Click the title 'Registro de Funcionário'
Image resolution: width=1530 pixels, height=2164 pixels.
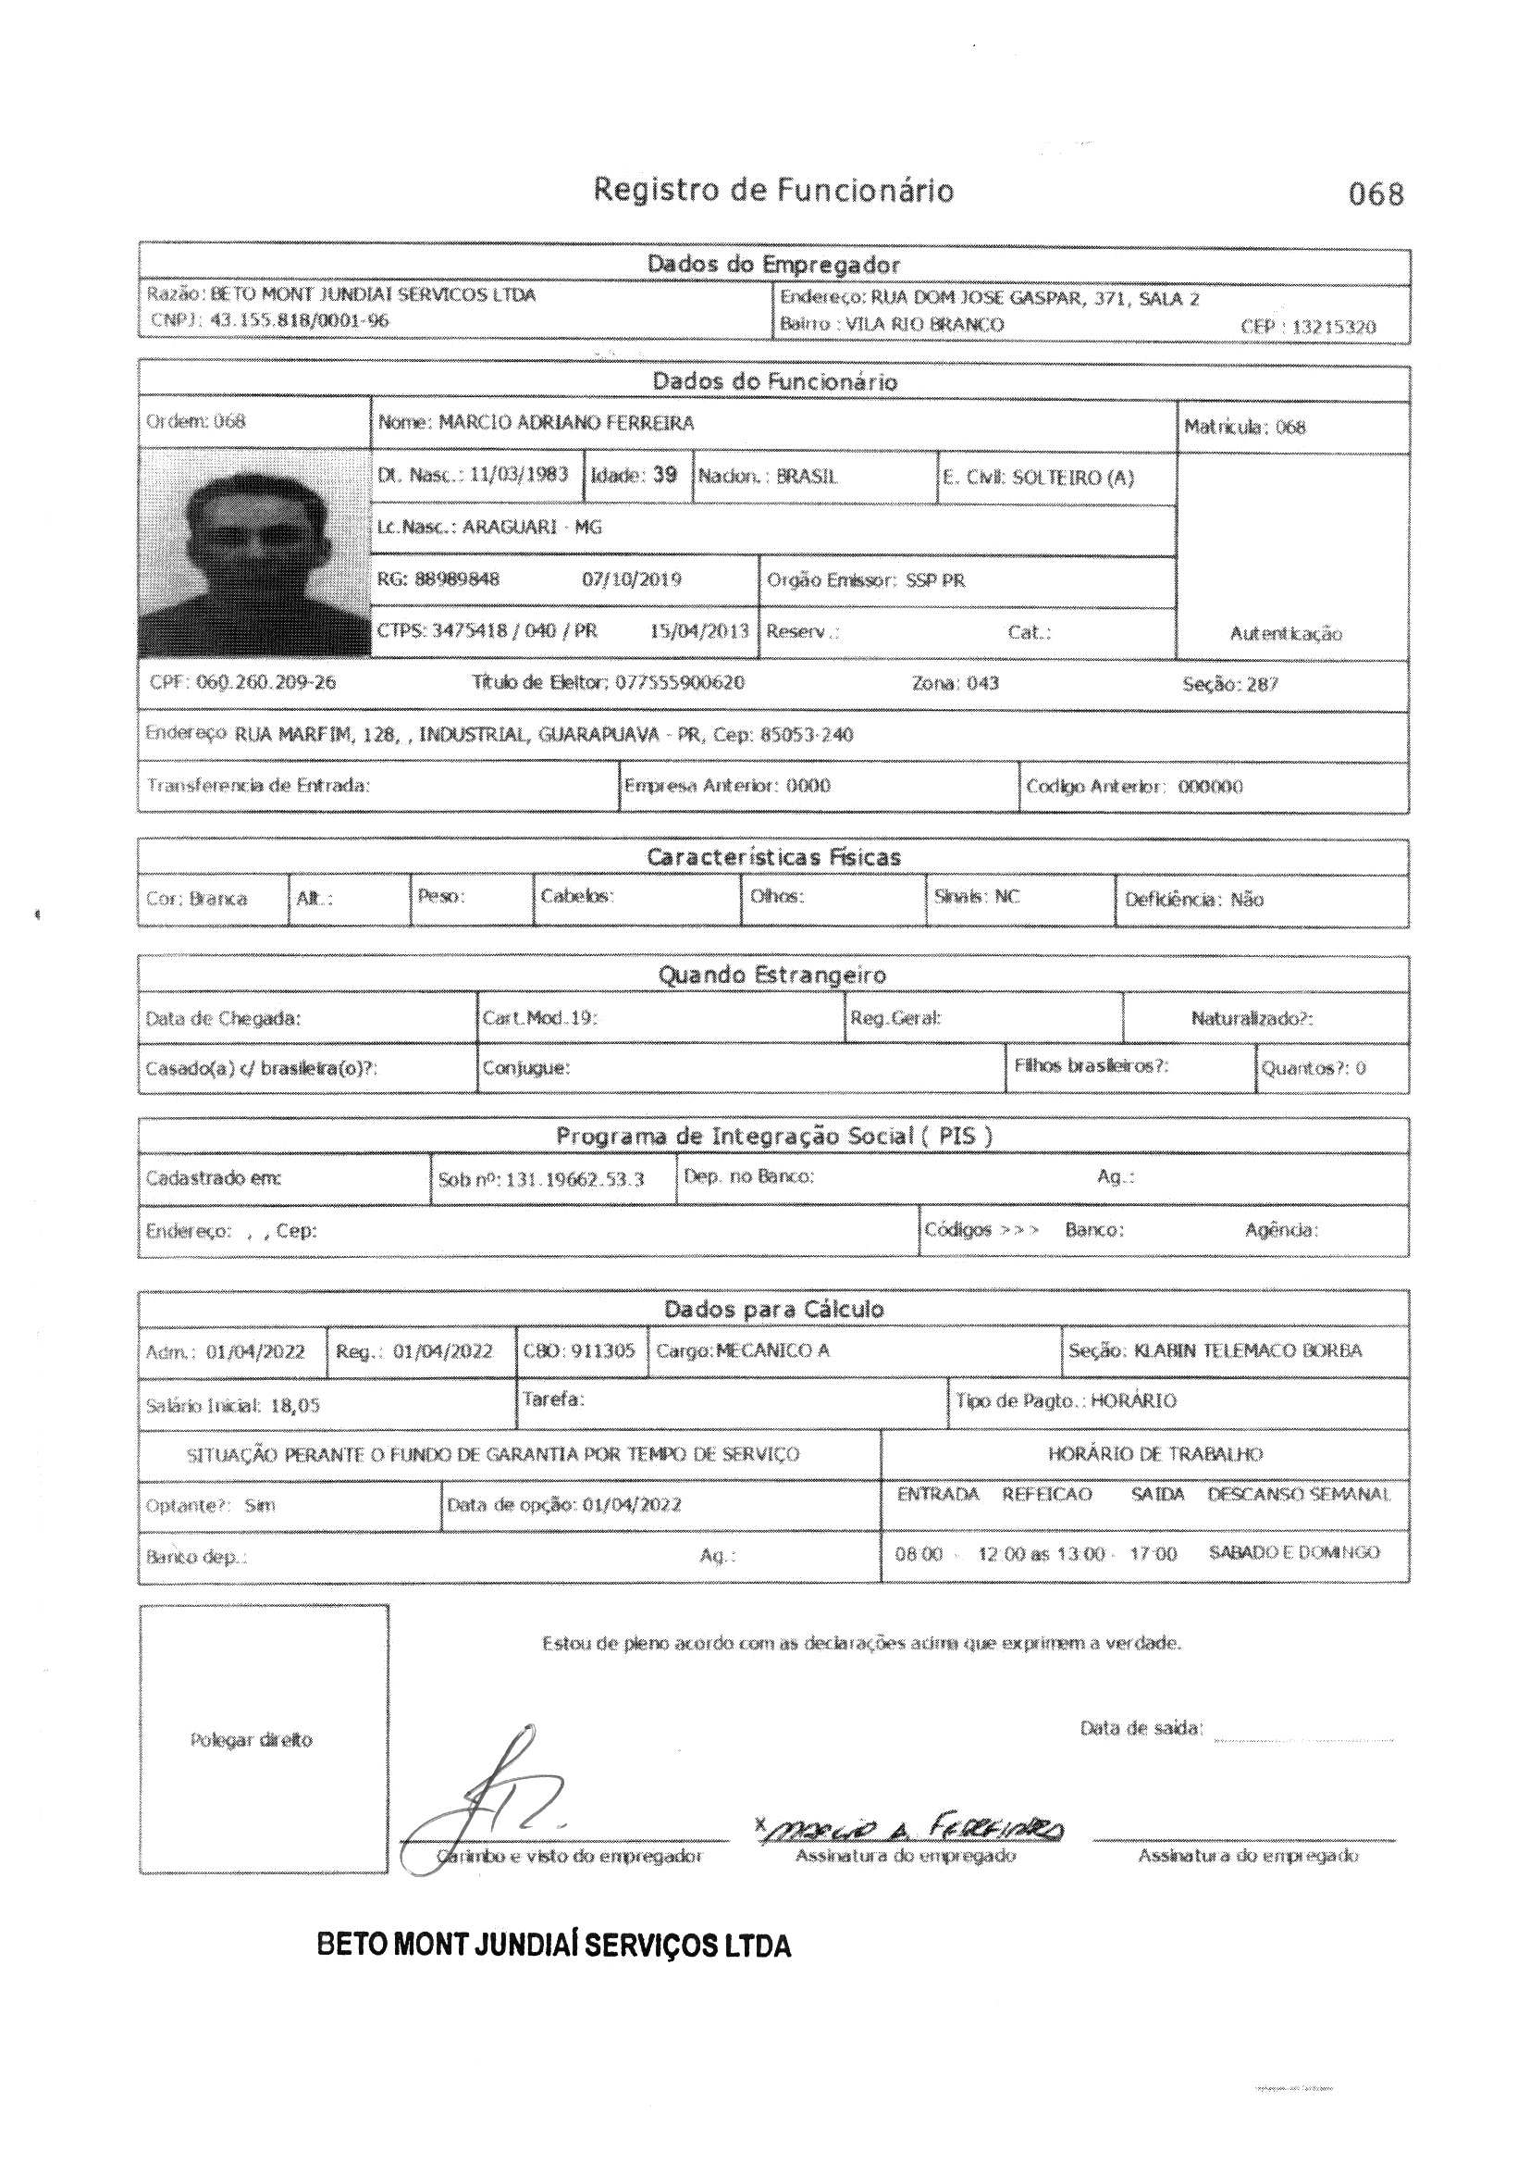(x=772, y=192)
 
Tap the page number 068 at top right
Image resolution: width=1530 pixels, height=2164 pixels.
(x=1376, y=195)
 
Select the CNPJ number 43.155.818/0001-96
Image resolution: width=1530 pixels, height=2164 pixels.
(x=299, y=320)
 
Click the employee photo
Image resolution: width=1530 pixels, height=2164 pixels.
(x=254, y=554)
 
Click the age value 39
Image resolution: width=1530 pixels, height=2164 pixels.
(x=665, y=475)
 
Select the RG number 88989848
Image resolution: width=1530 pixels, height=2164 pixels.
(x=457, y=578)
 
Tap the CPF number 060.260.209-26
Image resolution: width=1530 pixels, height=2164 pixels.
(x=265, y=682)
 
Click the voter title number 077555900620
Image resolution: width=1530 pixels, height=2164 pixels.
(x=679, y=682)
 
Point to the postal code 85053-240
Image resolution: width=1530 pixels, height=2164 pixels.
(x=807, y=735)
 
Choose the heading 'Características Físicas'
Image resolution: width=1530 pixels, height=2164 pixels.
(x=772, y=857)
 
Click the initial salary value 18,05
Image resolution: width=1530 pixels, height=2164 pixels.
(x=295, y=1405)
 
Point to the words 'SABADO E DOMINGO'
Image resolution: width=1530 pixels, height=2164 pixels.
(x=1293, y=1552)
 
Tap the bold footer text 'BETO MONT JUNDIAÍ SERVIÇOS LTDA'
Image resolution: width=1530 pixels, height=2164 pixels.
(x=554, y=1946)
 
